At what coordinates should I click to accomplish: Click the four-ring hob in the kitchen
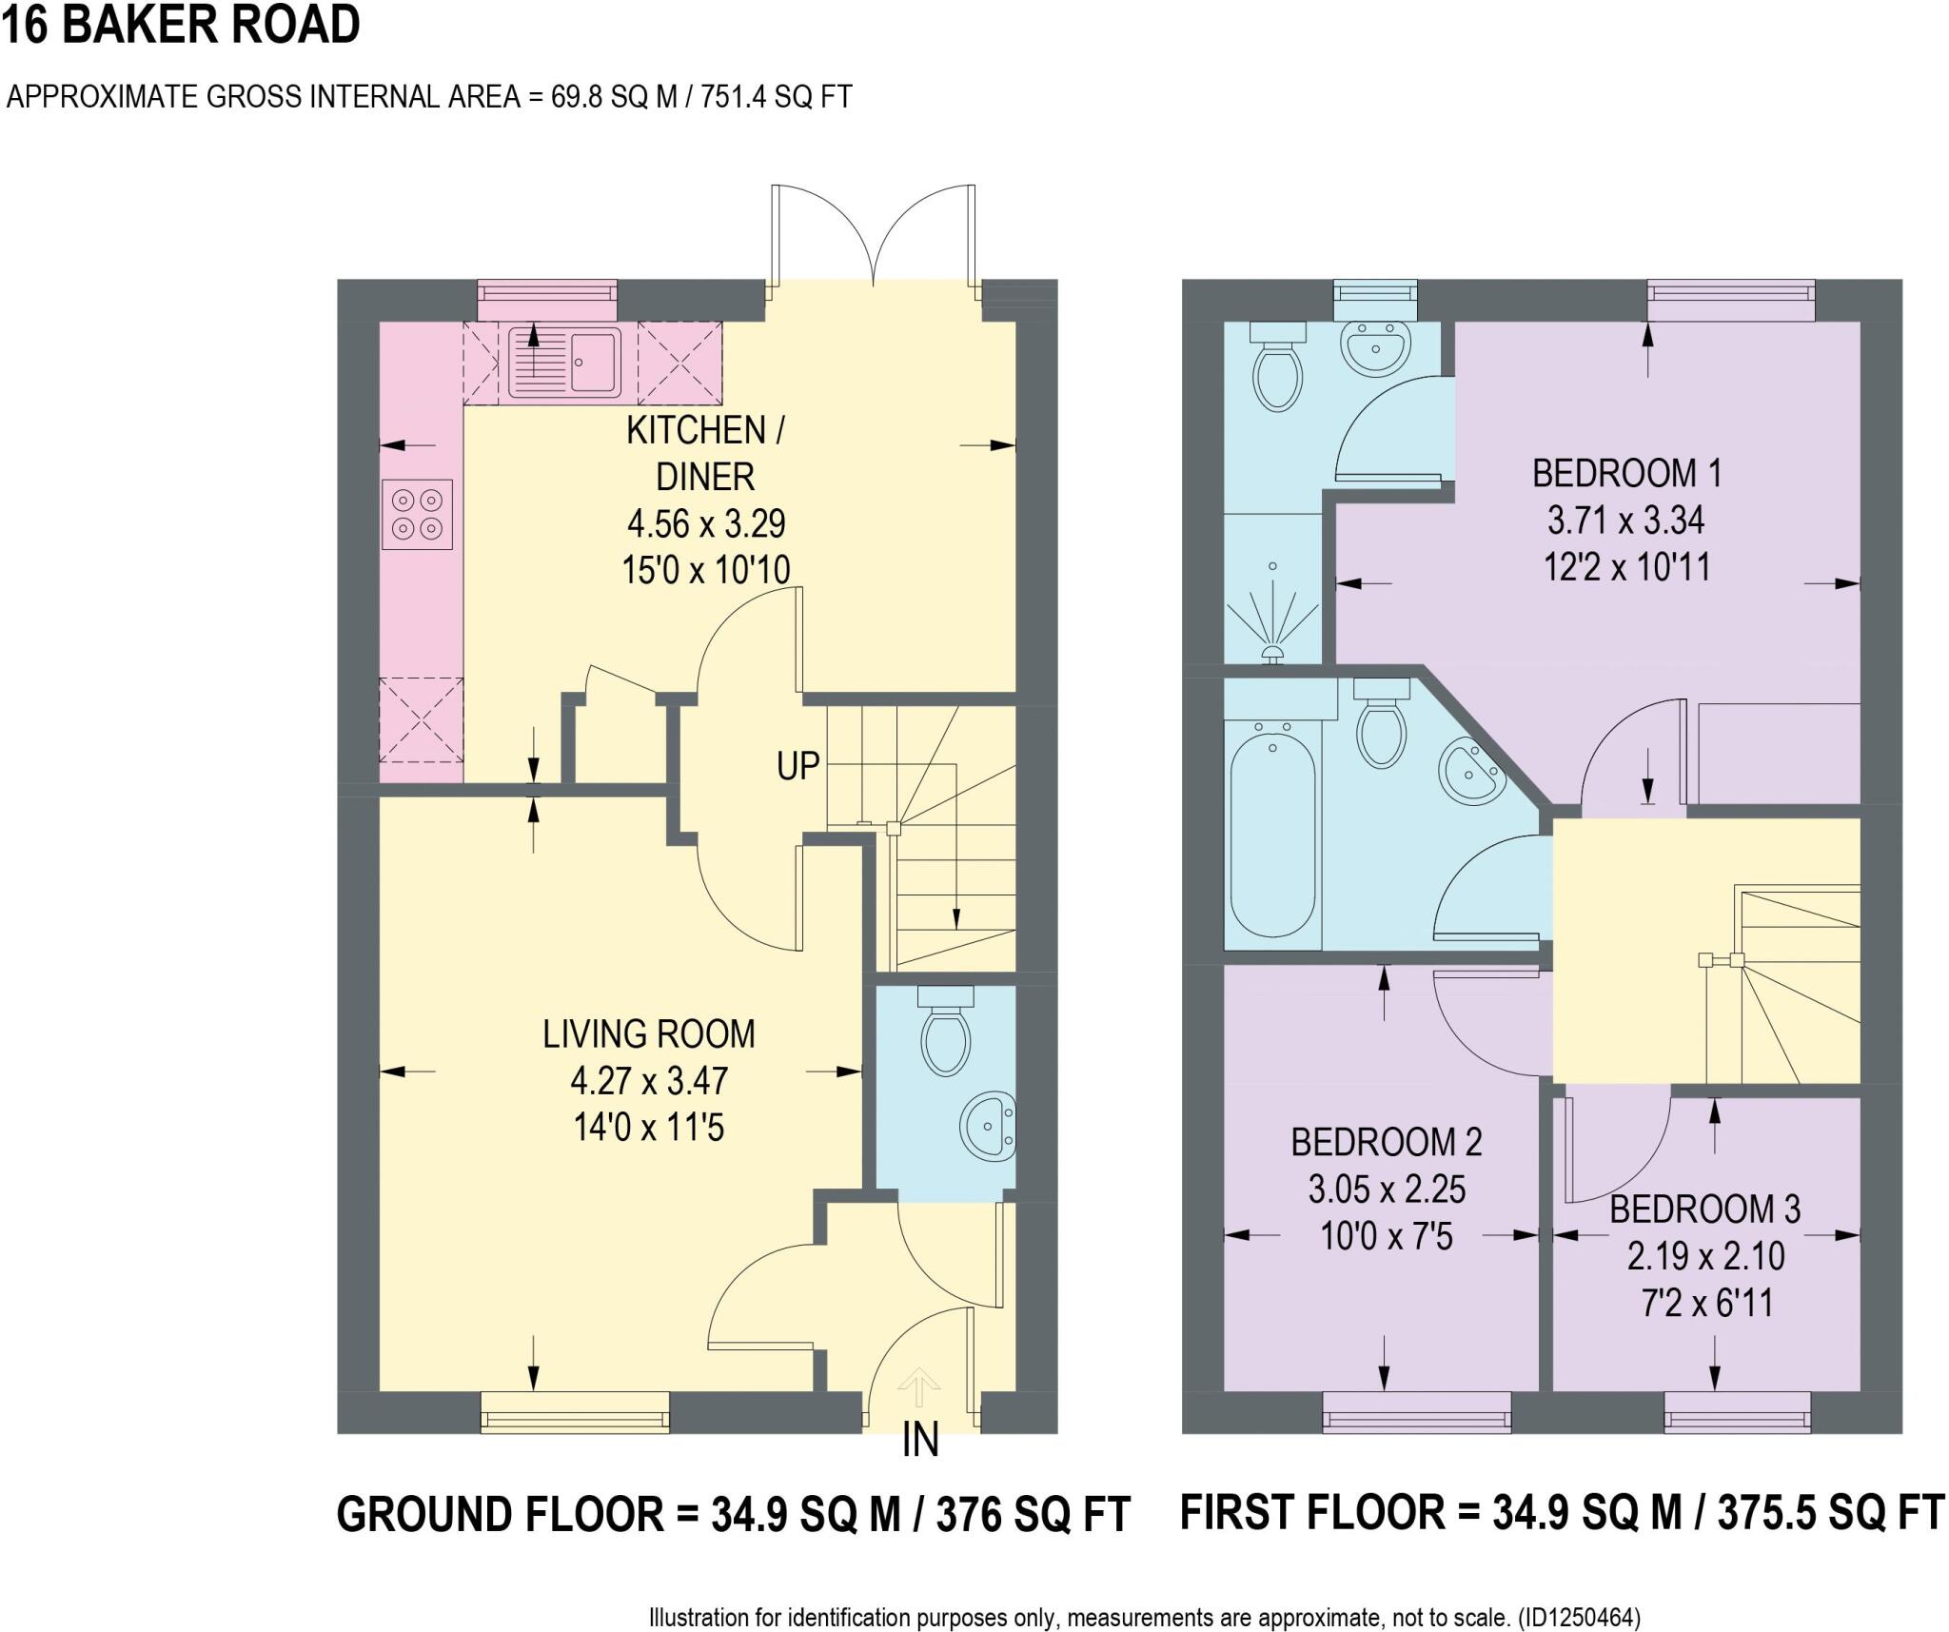(x=417, y=514)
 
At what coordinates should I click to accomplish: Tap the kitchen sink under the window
(x=563, y=362)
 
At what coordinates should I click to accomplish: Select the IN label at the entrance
(x=920, y=1440)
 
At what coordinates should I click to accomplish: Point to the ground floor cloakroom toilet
(x=945, y=1032)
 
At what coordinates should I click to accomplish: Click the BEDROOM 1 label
(x=1626, y=473)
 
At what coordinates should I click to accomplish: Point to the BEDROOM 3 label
(x=1704, y=1209)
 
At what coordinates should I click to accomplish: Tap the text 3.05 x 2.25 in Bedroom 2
(x=1387, y=1190)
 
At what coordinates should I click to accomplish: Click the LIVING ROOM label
(x=649, y=1034)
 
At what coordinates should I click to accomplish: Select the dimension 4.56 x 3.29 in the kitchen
(x=705, y=523)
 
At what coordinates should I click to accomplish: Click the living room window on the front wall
(x=575, y=1411)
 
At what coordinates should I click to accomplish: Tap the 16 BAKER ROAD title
(x=181, y=26)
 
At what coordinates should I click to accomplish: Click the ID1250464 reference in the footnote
(x=1581, y=1617)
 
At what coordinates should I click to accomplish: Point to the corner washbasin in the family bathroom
(x=1469, y=772)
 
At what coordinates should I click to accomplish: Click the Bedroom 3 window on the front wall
(x=1737, y=1411)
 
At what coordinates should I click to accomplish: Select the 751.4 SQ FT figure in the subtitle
(x=776, y=97)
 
